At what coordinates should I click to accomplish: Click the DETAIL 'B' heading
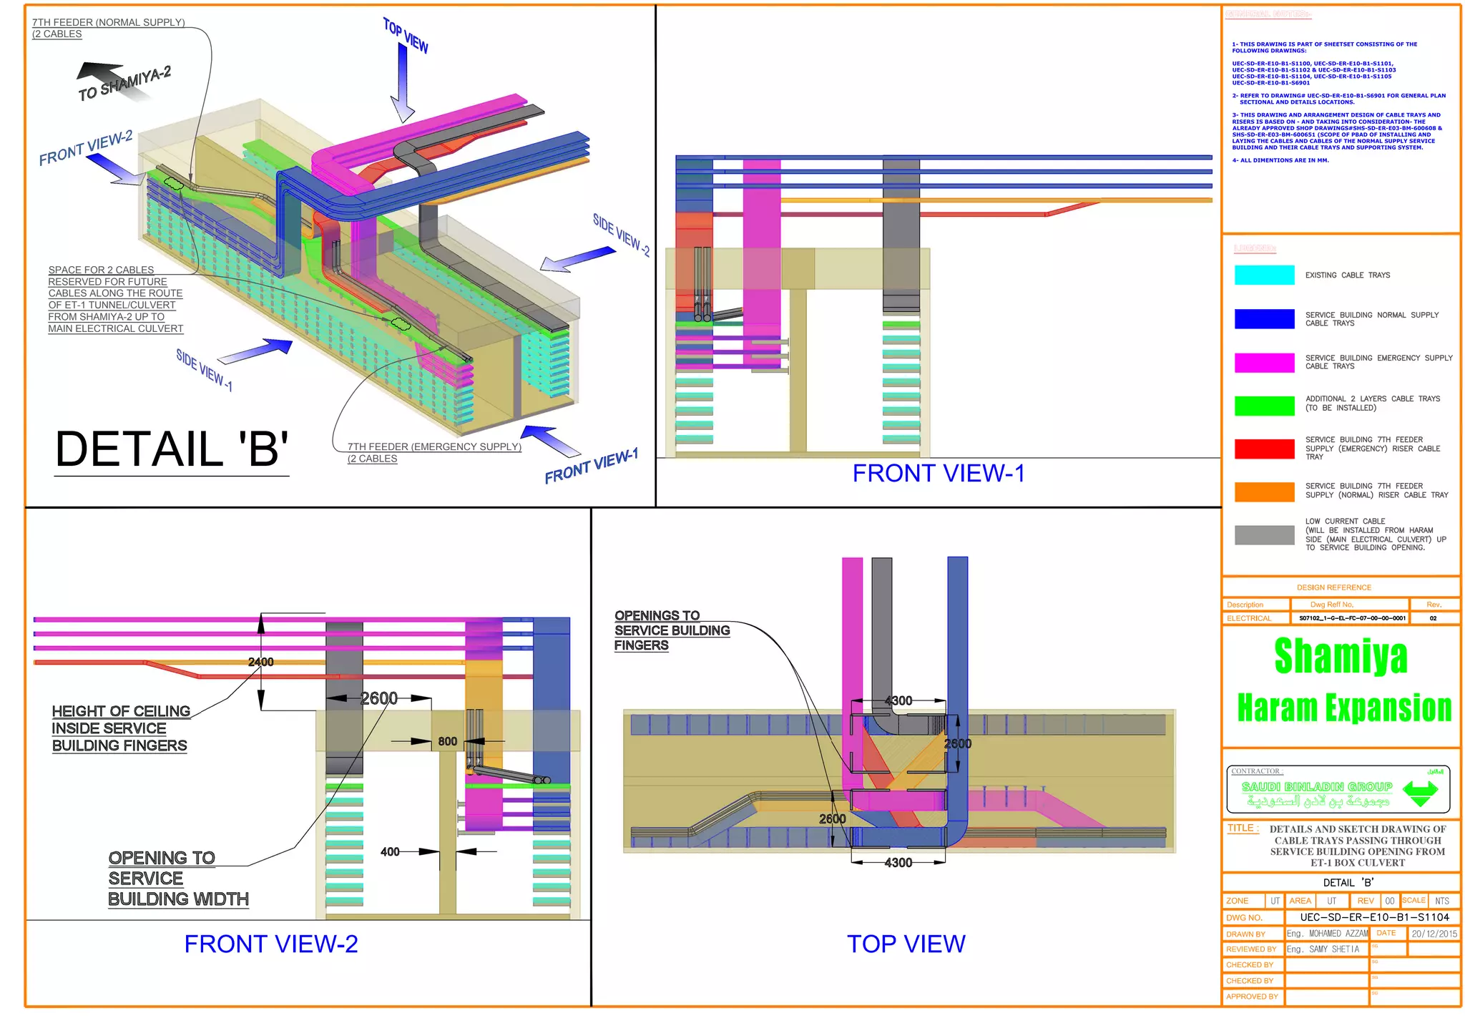(172, 449)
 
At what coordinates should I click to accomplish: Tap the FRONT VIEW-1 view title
(939, 474)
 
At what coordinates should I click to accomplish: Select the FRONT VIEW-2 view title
(271, 944)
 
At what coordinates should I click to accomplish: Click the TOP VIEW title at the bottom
(906, 944)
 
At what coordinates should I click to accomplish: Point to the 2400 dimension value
(260, 663)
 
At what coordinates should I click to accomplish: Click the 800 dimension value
(448, 742)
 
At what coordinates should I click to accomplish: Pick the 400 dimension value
(390, 852)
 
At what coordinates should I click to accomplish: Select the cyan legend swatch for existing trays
(1264, 275)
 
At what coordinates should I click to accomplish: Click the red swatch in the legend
(1264, 449)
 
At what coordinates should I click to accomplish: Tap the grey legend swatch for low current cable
(1264, 535)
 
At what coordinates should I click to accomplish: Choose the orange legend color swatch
(1264, 492)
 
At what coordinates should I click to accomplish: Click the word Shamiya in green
(1341, 656)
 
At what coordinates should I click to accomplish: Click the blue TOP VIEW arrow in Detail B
(403, 82)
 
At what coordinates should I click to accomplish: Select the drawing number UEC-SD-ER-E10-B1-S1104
(1374, 917)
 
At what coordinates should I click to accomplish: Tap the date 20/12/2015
(1434, 934)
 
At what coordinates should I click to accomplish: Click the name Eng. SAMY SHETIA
(1323, 949)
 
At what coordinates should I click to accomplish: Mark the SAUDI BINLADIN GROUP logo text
(1317, 787)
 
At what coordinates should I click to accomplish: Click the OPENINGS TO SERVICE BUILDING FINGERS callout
(671, 630)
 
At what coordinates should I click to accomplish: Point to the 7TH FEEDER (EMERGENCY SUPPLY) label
(434, 447)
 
